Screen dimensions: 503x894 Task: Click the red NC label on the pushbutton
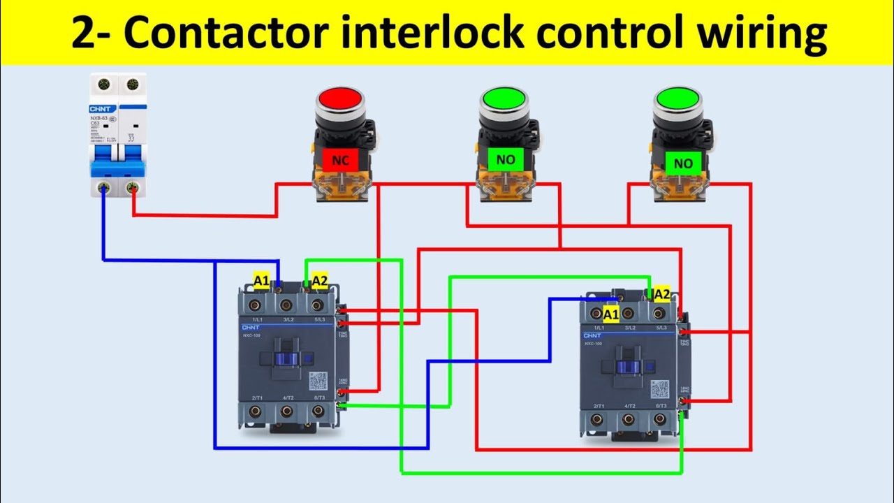pyautogui.click(x=340, y=161)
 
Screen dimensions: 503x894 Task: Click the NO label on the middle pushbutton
pyautogui.click(x=505, y=160)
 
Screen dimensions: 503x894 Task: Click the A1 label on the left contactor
pyautogui.click(x=261, y=281)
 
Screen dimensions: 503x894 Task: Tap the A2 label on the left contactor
pyautogui.click(x=319, y=281)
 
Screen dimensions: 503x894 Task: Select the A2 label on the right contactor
pyautogui.click(x=661, y=294)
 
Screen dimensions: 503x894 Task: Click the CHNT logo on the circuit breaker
pyautogui.click(x=103, y=109)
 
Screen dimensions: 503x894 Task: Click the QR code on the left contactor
pyautogui.click(x=318, y=381)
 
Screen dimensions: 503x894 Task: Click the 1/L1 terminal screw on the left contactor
pyautogui.click(x=254, y=305)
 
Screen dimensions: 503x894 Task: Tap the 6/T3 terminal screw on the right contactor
pyautogui.click(x=659, y=419)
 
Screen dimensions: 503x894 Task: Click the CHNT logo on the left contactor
pyautogui.click(x=251, y=327)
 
